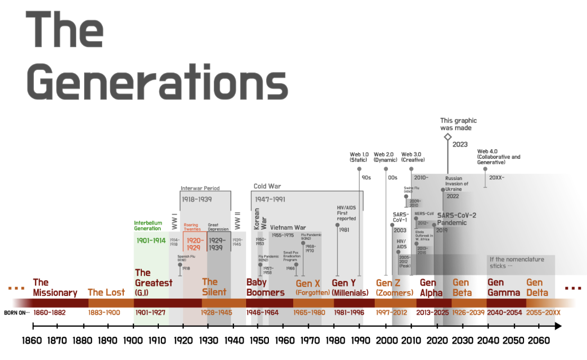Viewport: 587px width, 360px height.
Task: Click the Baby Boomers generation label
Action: (x=265, y=287)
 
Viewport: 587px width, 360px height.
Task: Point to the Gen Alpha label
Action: (x=428, y=287)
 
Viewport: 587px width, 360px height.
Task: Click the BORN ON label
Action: (x=16, y=312)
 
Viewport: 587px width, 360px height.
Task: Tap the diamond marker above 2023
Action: (x=448, y=137)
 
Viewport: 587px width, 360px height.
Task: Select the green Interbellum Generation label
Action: (x=148, y=226)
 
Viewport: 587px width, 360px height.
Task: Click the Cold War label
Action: (x=267, y=186)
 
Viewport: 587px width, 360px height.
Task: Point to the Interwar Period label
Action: (x=200, y=188)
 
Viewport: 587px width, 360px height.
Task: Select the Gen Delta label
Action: (x=537, y=287)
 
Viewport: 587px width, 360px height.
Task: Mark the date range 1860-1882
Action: (x=49, y=312)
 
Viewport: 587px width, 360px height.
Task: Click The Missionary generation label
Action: (x=55, y=287)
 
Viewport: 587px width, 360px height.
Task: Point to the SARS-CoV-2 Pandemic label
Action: (x=456, y=219)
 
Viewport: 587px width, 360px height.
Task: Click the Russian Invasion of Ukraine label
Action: (x=457, y=183)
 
